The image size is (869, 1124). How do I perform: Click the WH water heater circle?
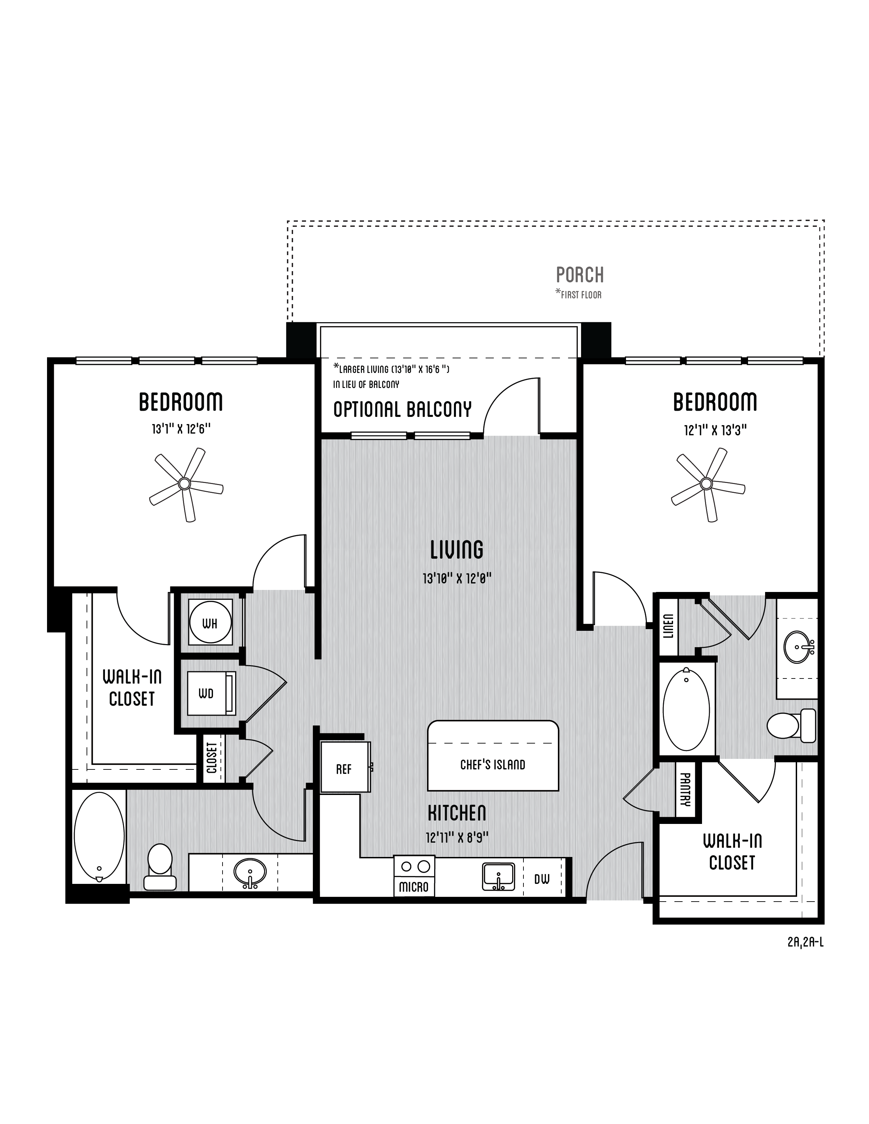pos(210,623)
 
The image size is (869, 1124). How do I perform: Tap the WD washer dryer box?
pos(211,693)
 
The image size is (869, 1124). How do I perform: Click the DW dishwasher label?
pos(542,879)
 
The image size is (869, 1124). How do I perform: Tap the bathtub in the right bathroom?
pos(686,709)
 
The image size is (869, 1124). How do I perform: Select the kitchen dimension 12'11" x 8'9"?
pos(457,837)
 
